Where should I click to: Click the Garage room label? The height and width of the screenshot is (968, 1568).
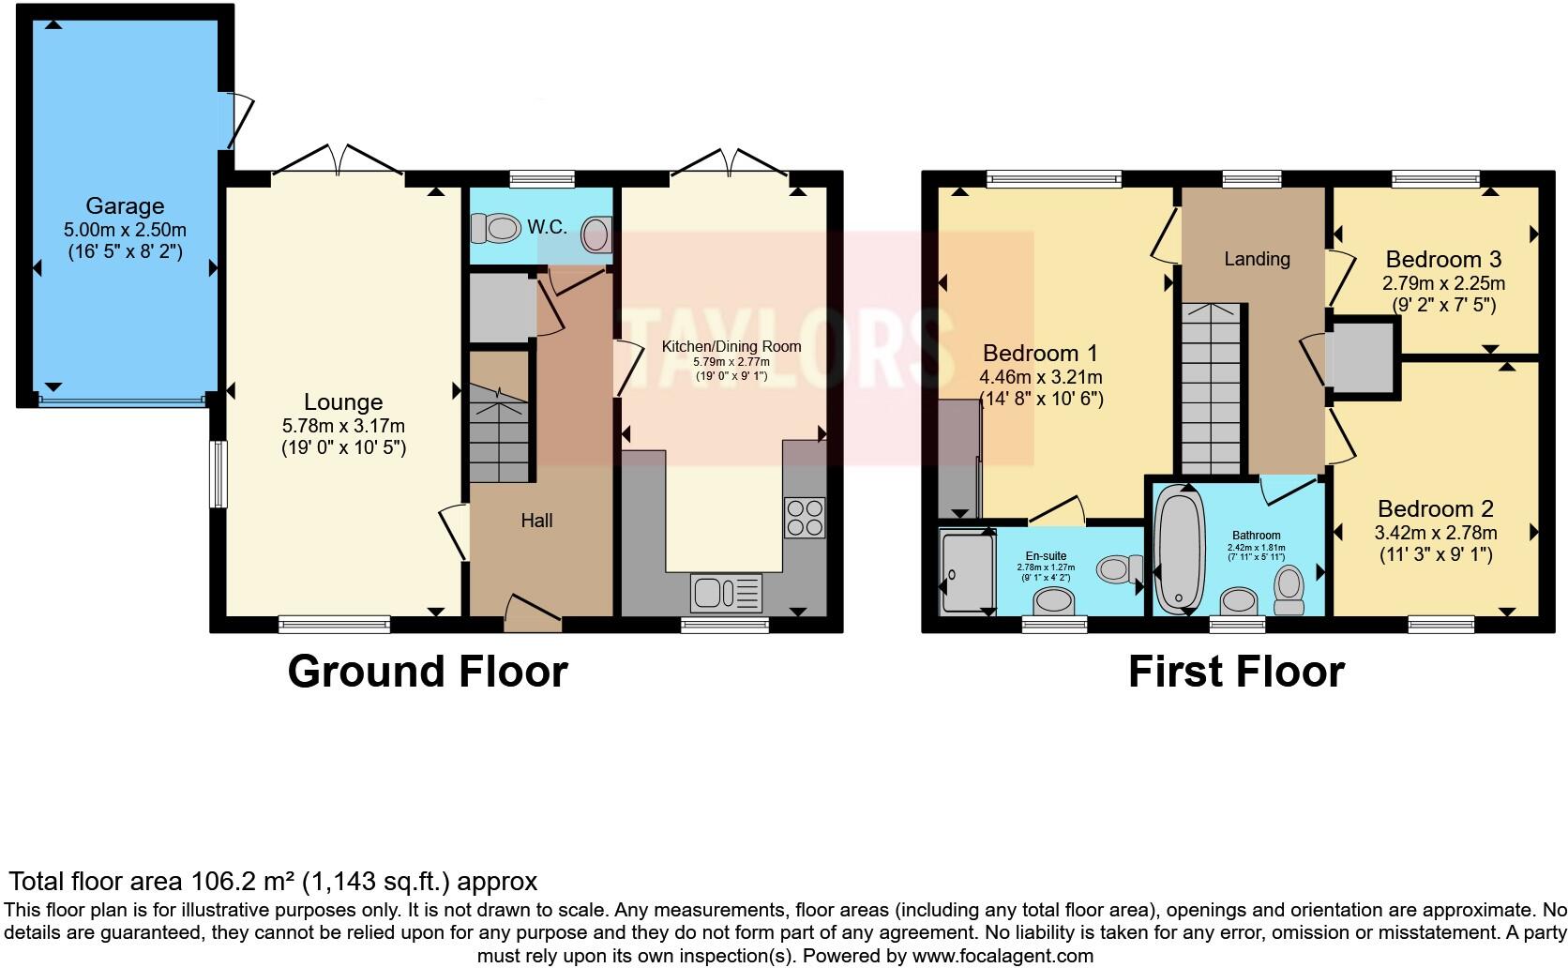click(125, 205)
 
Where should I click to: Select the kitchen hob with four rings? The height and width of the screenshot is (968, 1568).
click(805, 517)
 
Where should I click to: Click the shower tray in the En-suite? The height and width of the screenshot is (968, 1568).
click(966, 571)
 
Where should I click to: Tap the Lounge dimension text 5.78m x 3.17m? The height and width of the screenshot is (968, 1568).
click(343, 426)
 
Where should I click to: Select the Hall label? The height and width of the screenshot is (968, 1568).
click(536, 521)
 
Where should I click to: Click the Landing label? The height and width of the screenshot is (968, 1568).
click(1257, 259)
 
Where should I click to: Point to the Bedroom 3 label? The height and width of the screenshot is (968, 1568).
click(1443, 259)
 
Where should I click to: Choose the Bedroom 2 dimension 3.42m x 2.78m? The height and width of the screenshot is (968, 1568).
click(1436, 533)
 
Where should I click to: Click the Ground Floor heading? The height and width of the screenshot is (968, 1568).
click(428, 672)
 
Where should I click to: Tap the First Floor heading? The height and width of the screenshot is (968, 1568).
click(1236, 672)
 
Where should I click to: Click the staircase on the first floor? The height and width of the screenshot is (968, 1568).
click(1211, 389)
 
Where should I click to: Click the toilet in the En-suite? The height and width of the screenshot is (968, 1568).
click(1119, 567)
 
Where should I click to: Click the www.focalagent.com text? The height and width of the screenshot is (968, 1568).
click(1002, 956)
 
